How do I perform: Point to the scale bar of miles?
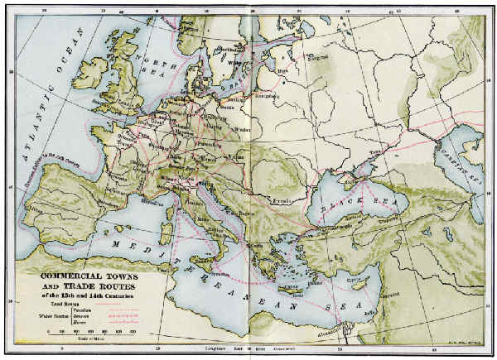coord(91,330)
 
